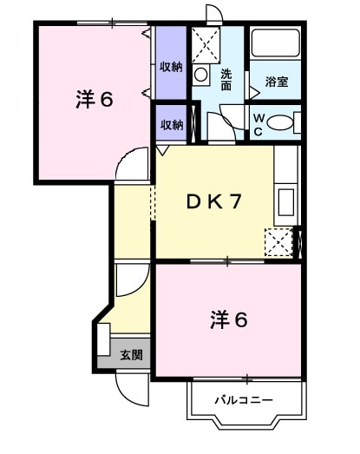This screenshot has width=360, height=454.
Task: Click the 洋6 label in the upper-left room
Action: tap(95, 98)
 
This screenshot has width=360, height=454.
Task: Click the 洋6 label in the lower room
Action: tap(229, 319)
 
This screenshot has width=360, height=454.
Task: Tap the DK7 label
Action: tap(213, 201)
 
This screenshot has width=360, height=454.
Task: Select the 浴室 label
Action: tap(277, 82)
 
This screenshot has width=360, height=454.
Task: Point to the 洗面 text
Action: tap(226, 79)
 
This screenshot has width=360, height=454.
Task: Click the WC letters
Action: tap(259, 124)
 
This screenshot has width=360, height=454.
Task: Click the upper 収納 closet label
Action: tap(171, 67)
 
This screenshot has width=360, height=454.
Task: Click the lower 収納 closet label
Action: tap(171, 124)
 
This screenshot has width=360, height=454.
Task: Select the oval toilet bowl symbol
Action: tap(282, 123)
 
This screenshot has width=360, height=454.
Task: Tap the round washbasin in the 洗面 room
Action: tap(201, 75)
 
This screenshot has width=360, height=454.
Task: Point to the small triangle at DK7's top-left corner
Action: tap(161, 150)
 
